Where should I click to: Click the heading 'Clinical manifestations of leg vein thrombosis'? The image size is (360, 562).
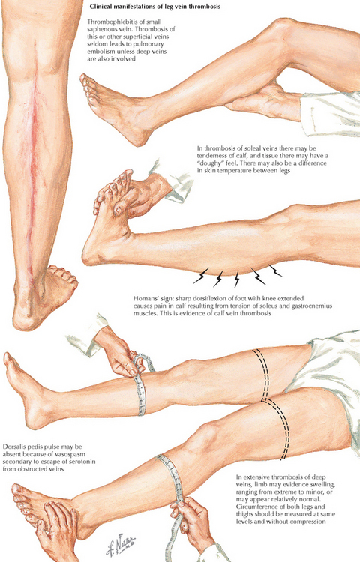point(155,7)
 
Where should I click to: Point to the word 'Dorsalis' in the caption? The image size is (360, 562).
point(13,447)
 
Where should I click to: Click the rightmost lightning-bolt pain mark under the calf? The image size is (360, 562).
point(274,271)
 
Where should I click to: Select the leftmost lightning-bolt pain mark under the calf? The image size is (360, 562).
point(201,276)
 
